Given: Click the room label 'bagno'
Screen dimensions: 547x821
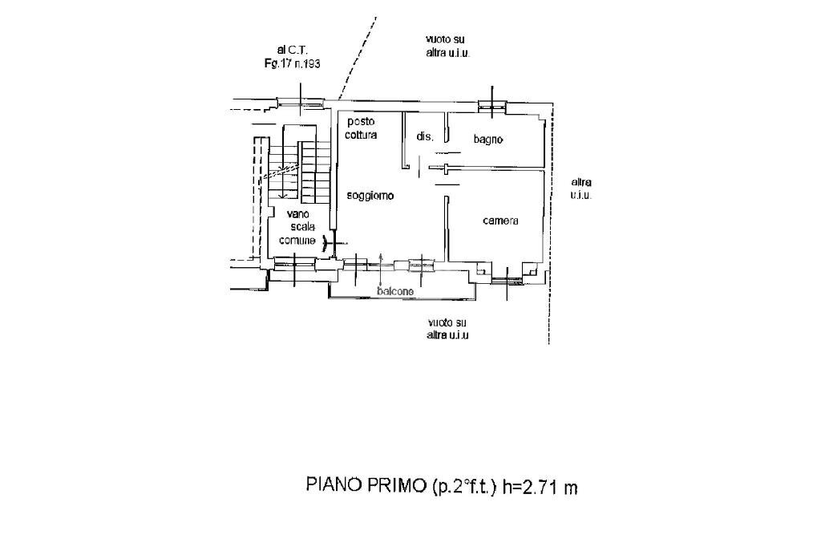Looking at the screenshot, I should tap(487, 139).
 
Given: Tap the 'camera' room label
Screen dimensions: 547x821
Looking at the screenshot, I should tap(500, 221).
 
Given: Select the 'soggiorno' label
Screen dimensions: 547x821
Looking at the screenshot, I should tap(370, 196).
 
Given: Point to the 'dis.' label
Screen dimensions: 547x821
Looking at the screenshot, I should tap(424, 137).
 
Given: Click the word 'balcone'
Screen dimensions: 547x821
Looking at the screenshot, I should tap(395, 292).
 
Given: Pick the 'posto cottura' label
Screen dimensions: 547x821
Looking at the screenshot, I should tap(361, 128).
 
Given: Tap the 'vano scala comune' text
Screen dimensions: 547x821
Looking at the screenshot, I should tap(297, 226).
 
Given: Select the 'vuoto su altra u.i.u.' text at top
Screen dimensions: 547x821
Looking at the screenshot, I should tap(447, 45).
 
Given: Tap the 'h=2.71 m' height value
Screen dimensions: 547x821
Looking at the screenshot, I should tap(540, 487).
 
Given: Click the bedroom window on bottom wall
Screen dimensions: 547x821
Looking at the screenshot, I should tap(508, 279).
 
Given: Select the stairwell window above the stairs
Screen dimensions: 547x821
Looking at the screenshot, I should tap(300, 103).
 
